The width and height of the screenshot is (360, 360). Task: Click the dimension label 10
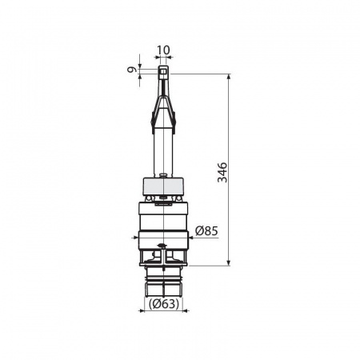pyautogui.click(x=163, y=50)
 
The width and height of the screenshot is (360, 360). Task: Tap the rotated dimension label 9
pyautogui.click(x=131, y=70)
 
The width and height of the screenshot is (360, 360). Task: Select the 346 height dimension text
pyautogui.click(x=222, y=172)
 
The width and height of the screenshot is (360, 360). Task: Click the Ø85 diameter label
pyautogui.click(x=206, y=231)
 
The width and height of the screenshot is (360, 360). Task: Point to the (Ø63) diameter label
pyautogui.click(x=164, y=304)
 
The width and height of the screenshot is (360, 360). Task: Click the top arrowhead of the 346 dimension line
pyautogui.click(x=229, y=77)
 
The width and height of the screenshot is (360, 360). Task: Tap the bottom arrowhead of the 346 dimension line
pyautogui.click(x=229, y=262)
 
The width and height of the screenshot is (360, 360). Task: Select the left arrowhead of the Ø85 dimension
pyautogui.click(x=135, y=237)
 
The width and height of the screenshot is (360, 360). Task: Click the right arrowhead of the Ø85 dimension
pyautogui.click(x=191, y=237)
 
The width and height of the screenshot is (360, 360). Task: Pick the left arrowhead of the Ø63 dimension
pyautogui.click(x=142, y=310)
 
